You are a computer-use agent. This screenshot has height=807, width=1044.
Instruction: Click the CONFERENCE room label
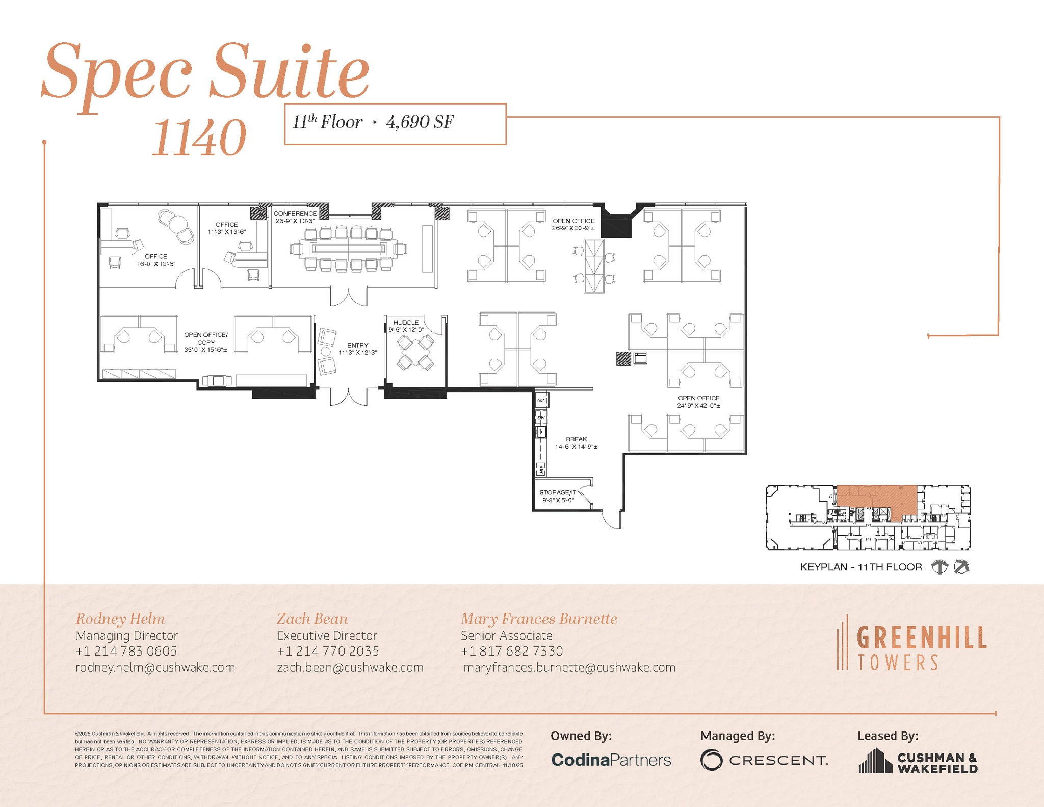click(295, 214)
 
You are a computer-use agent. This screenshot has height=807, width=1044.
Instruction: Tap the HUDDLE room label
click(406, 323)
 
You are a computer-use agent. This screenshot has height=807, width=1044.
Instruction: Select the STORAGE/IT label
click(558, 492)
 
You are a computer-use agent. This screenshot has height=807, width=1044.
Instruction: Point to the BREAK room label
click(577, 439)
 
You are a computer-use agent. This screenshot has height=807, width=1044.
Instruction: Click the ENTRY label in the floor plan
click(357, 346)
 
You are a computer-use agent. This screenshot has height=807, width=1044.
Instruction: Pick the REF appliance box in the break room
click(541, 400)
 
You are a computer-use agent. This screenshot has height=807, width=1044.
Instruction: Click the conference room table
click(348, 249)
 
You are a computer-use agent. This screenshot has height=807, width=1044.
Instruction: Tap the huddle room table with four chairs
click(415, 352)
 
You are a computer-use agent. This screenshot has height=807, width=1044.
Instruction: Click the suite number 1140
click(199, 138)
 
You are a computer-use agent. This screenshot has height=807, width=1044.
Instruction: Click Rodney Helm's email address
click(155, 667)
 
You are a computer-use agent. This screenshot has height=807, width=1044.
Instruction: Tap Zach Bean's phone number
click(328, 651)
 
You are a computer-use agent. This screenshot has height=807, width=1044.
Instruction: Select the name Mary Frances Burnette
click(539, 619)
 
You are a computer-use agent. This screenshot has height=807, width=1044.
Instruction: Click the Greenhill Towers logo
click(912, 643)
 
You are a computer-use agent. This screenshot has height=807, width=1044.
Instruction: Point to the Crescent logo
click(764, 760)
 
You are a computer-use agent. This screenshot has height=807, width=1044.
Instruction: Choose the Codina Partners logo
click(611, 760)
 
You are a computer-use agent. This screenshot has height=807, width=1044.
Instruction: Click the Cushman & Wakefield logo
click(918, 762)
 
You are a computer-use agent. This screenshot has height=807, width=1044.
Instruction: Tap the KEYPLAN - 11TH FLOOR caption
click(860, 567)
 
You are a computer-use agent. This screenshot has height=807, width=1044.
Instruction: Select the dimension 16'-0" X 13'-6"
click(156, 264)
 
